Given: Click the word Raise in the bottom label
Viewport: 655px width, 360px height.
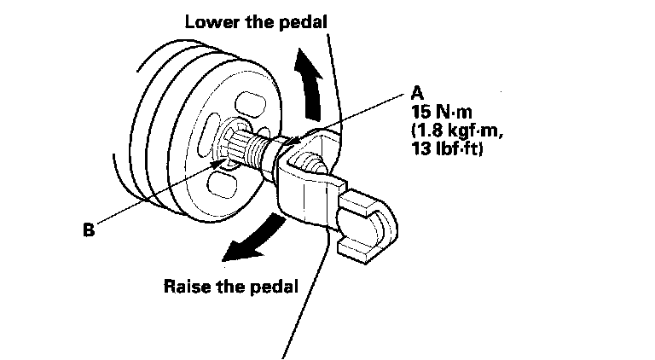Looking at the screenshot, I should (x=187, y=286).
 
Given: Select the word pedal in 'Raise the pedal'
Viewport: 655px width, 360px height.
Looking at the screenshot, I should (x=274, y=286).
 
